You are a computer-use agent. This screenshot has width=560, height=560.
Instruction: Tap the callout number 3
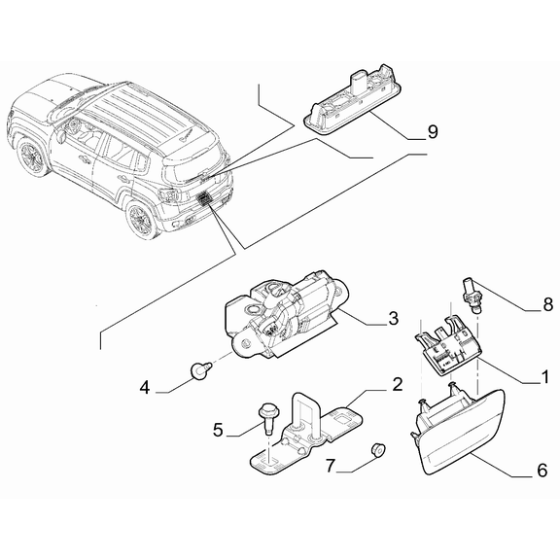click(393, 318)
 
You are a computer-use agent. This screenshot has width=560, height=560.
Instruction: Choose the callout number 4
click(144, 388)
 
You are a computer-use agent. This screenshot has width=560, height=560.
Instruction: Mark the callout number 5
click(219, 429)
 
